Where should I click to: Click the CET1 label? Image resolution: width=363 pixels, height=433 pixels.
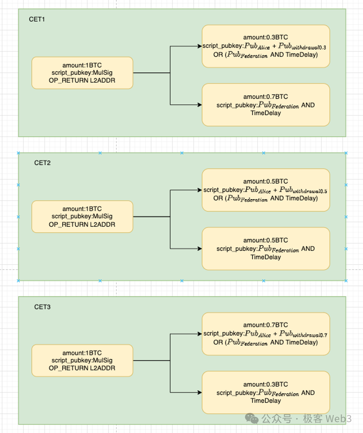click(37, 19)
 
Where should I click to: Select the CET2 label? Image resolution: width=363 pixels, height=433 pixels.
click(42, 163)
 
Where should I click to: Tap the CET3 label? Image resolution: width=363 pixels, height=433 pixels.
click(42, 307)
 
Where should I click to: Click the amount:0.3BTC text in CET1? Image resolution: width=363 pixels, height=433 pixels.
click(266, 37)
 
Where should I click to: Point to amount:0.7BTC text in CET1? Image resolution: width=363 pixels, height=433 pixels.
click(266, 97)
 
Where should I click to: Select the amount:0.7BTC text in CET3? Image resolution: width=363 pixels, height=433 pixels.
click(266, 325)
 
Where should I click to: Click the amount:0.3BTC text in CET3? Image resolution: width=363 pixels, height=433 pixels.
click(266, 384)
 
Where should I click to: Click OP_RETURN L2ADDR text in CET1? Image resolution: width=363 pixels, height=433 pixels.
click(82, 81)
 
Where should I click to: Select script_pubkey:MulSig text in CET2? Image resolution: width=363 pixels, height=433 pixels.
click(82, 216)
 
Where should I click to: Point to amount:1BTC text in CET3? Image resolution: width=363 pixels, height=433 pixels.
click(82, 353)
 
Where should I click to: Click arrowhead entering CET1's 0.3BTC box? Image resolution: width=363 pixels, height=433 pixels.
click(200, 46)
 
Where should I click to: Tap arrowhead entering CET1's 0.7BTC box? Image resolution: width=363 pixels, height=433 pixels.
click(200, 105)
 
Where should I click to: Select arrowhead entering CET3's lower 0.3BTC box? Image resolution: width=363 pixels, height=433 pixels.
click(200, 392)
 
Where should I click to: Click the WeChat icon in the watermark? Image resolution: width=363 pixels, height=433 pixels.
click(252, 418)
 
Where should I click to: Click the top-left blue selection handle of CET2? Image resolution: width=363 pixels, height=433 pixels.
click(18, 153)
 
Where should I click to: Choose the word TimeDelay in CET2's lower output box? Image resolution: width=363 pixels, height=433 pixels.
click(266, 257)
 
